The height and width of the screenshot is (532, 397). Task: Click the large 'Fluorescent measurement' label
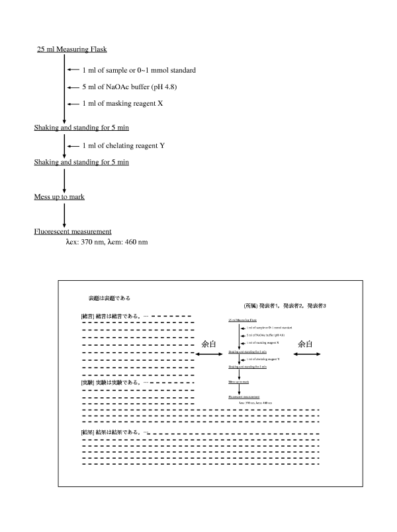(72, 231)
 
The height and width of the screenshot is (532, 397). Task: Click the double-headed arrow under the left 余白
(209, 355)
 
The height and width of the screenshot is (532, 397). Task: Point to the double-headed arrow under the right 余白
(306, 355)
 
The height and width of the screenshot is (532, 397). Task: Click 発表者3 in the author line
(316, 307)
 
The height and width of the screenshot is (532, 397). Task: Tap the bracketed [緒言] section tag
(87, 317)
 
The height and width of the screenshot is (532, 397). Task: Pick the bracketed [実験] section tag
(87, 383)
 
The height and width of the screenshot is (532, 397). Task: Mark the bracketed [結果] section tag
(87, 432)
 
